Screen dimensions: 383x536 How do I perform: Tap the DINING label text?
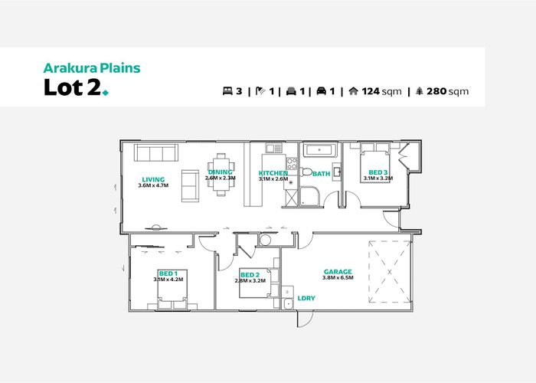[x=221, y=172]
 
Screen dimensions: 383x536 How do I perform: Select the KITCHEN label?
[x=273, y=173]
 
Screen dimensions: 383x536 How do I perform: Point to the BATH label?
[x=321, y=174]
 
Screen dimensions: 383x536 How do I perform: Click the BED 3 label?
[x=378, y=172]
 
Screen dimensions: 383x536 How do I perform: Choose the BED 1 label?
[x=168, y=273]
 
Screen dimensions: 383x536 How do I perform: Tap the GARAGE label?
[x=338, y=272]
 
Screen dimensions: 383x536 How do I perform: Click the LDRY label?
[x=306, y=298]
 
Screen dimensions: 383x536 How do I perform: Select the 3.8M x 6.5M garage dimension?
[x=338, y=279]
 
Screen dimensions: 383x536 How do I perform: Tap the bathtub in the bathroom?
[x=319, y=150]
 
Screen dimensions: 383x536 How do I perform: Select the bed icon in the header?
[x=227, y=91]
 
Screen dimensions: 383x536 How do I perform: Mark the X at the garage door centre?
[x=390, y=271]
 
